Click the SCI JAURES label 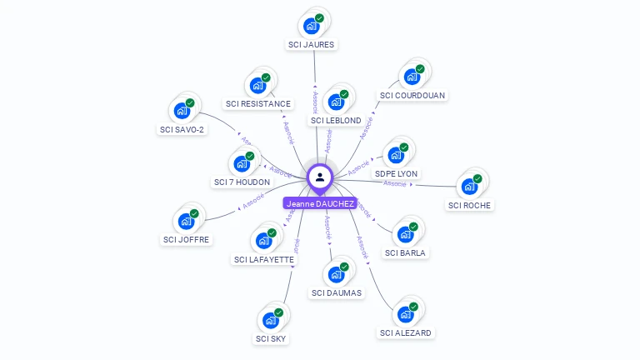(312, 44)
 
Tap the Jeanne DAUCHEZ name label (320, 203)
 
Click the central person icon (320, 177)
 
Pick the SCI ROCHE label (469, 205)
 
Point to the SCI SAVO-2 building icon (182, 110)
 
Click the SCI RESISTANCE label (258, 104)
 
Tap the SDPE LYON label (396, 173)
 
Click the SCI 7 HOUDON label (242, 182)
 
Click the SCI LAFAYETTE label (263, 259)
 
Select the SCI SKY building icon (270, 320)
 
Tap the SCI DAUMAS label (337, 292)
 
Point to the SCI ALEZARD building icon (405, 314)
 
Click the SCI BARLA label (406, 252)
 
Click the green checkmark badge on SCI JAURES (319, 18)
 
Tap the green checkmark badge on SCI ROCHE (477, 178)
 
